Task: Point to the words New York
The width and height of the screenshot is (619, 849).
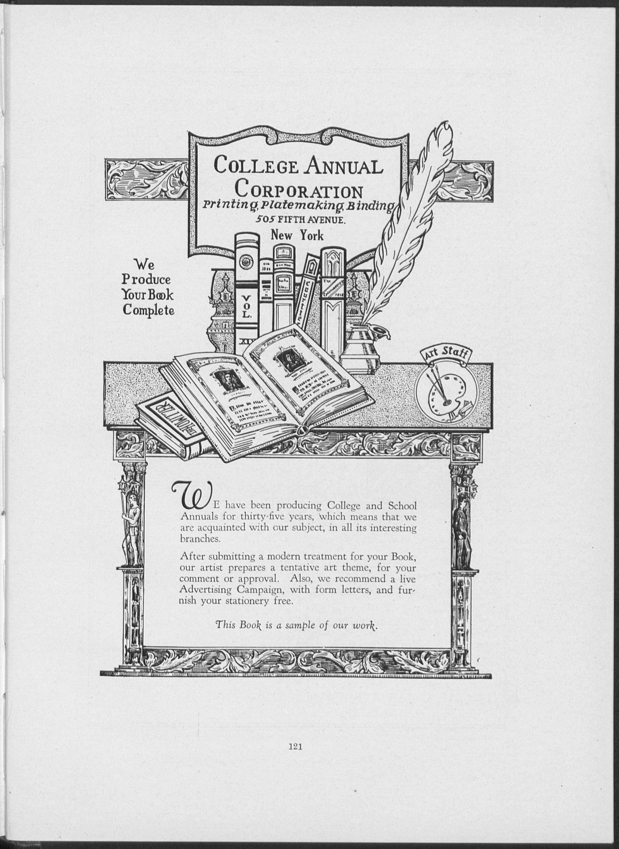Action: click(x=297, y=235)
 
